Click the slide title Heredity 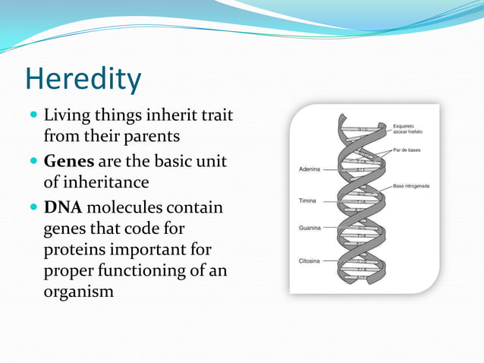(x=83, y=80)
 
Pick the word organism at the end (x=79, y=292)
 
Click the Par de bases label (x=412, y=150)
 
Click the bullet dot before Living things (x=33, y=118)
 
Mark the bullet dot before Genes (x=33, y=163)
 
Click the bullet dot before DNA (x=33, y=208)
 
